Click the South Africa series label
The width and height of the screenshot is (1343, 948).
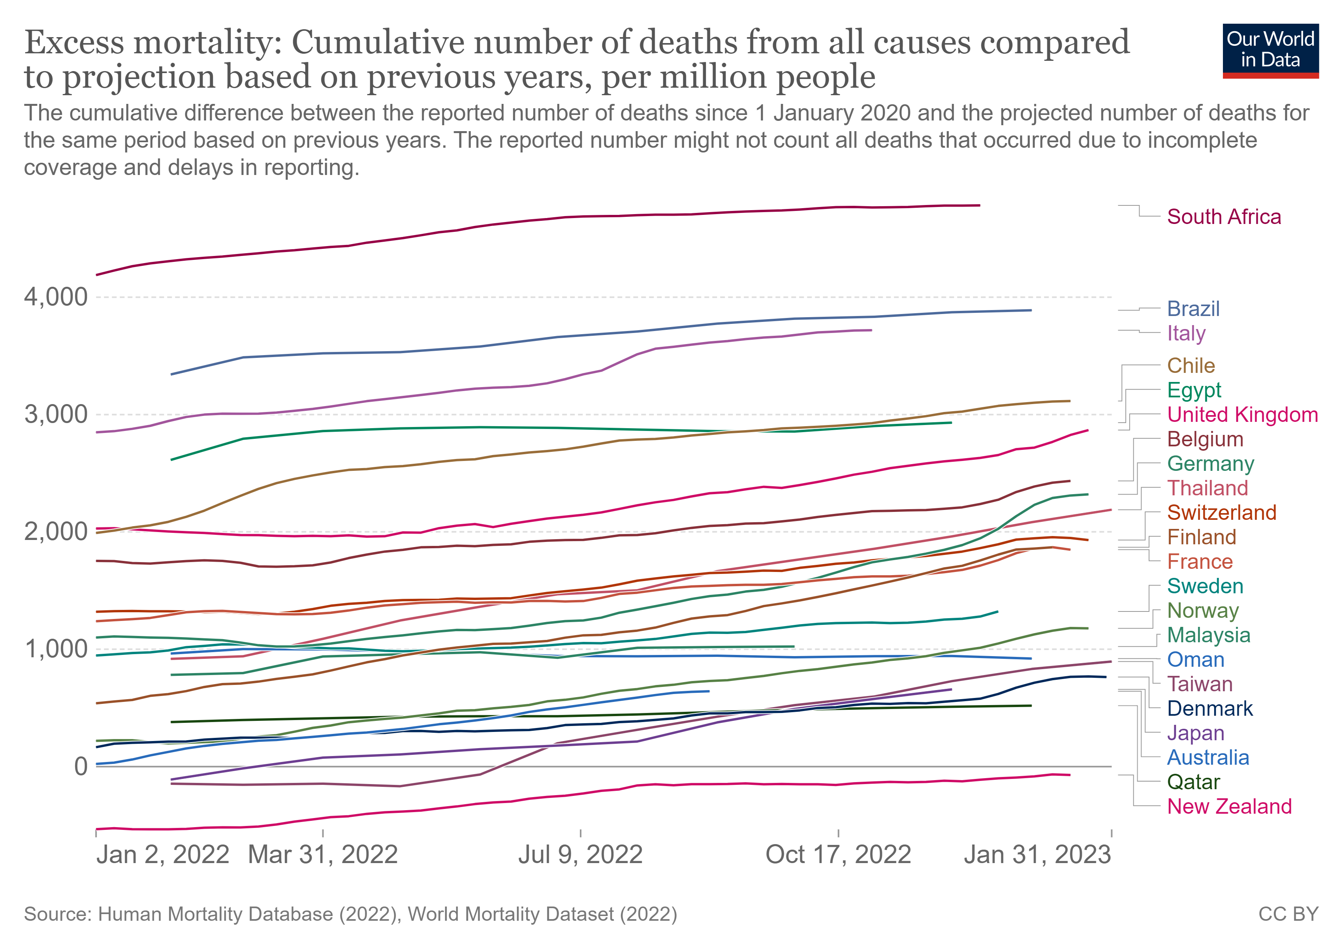(1224, 217)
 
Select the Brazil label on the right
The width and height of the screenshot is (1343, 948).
(1193, 309)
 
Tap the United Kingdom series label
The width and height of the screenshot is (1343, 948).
(1242, 415)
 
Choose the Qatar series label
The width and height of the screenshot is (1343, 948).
(1193, 782)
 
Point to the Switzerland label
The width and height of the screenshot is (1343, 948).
(1221, 512)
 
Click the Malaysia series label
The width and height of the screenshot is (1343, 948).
(1208, 635)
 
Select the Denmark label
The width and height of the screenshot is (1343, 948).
(1209, 709)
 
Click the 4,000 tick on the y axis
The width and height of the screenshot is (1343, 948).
(56, 297)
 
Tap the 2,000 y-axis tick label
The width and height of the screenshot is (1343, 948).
(56, 532)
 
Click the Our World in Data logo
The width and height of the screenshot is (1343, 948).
(1270, 51)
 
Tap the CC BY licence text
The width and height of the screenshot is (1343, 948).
(1288, 914)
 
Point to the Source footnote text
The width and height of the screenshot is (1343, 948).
(350, 914)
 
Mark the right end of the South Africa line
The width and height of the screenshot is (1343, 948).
(980, 205)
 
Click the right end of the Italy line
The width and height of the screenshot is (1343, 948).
(871, 331)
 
